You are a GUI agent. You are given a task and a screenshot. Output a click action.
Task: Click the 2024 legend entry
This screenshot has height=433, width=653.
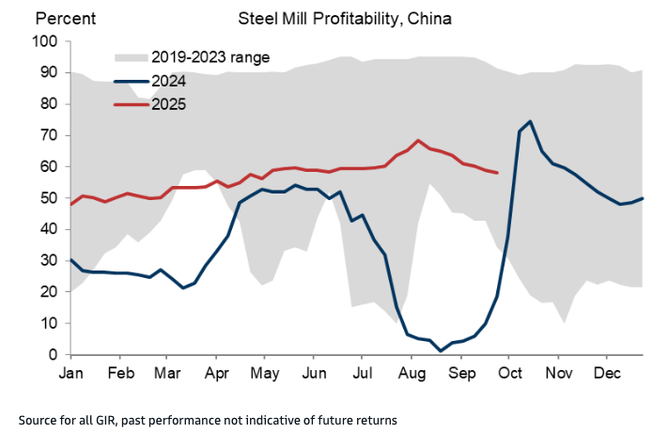click(x=170, y=81)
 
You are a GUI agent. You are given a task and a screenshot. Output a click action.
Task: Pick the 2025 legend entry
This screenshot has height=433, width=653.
click(x=170, y=104)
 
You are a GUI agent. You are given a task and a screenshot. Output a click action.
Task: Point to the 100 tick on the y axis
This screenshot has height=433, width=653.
click(x=44, y=41)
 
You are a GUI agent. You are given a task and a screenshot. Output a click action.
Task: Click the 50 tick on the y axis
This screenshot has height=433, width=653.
click(x=48, y=198)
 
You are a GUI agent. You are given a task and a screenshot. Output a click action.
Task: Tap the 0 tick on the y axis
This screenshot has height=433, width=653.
click(x=55, y=355)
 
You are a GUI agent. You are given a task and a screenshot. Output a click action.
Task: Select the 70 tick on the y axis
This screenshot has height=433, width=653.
click(x=48, y=135)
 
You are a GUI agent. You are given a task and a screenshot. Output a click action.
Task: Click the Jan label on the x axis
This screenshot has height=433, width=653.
click(x=71, y=374)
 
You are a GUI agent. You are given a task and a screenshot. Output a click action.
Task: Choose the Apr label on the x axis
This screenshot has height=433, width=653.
click(x=217, y=374)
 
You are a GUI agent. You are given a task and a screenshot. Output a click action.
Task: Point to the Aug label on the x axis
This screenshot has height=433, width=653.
click(x=411, y=374)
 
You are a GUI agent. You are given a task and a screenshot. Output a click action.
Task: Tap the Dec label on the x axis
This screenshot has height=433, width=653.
click(x=606, y=374)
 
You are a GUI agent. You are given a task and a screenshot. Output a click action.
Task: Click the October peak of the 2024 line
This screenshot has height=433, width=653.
click(x=531, y=121)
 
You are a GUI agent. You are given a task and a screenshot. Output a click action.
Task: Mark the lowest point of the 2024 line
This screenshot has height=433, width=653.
click(x=440, y=351)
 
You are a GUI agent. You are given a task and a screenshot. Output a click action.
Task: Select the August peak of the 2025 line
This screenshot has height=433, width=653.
click(x=418, y=140)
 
